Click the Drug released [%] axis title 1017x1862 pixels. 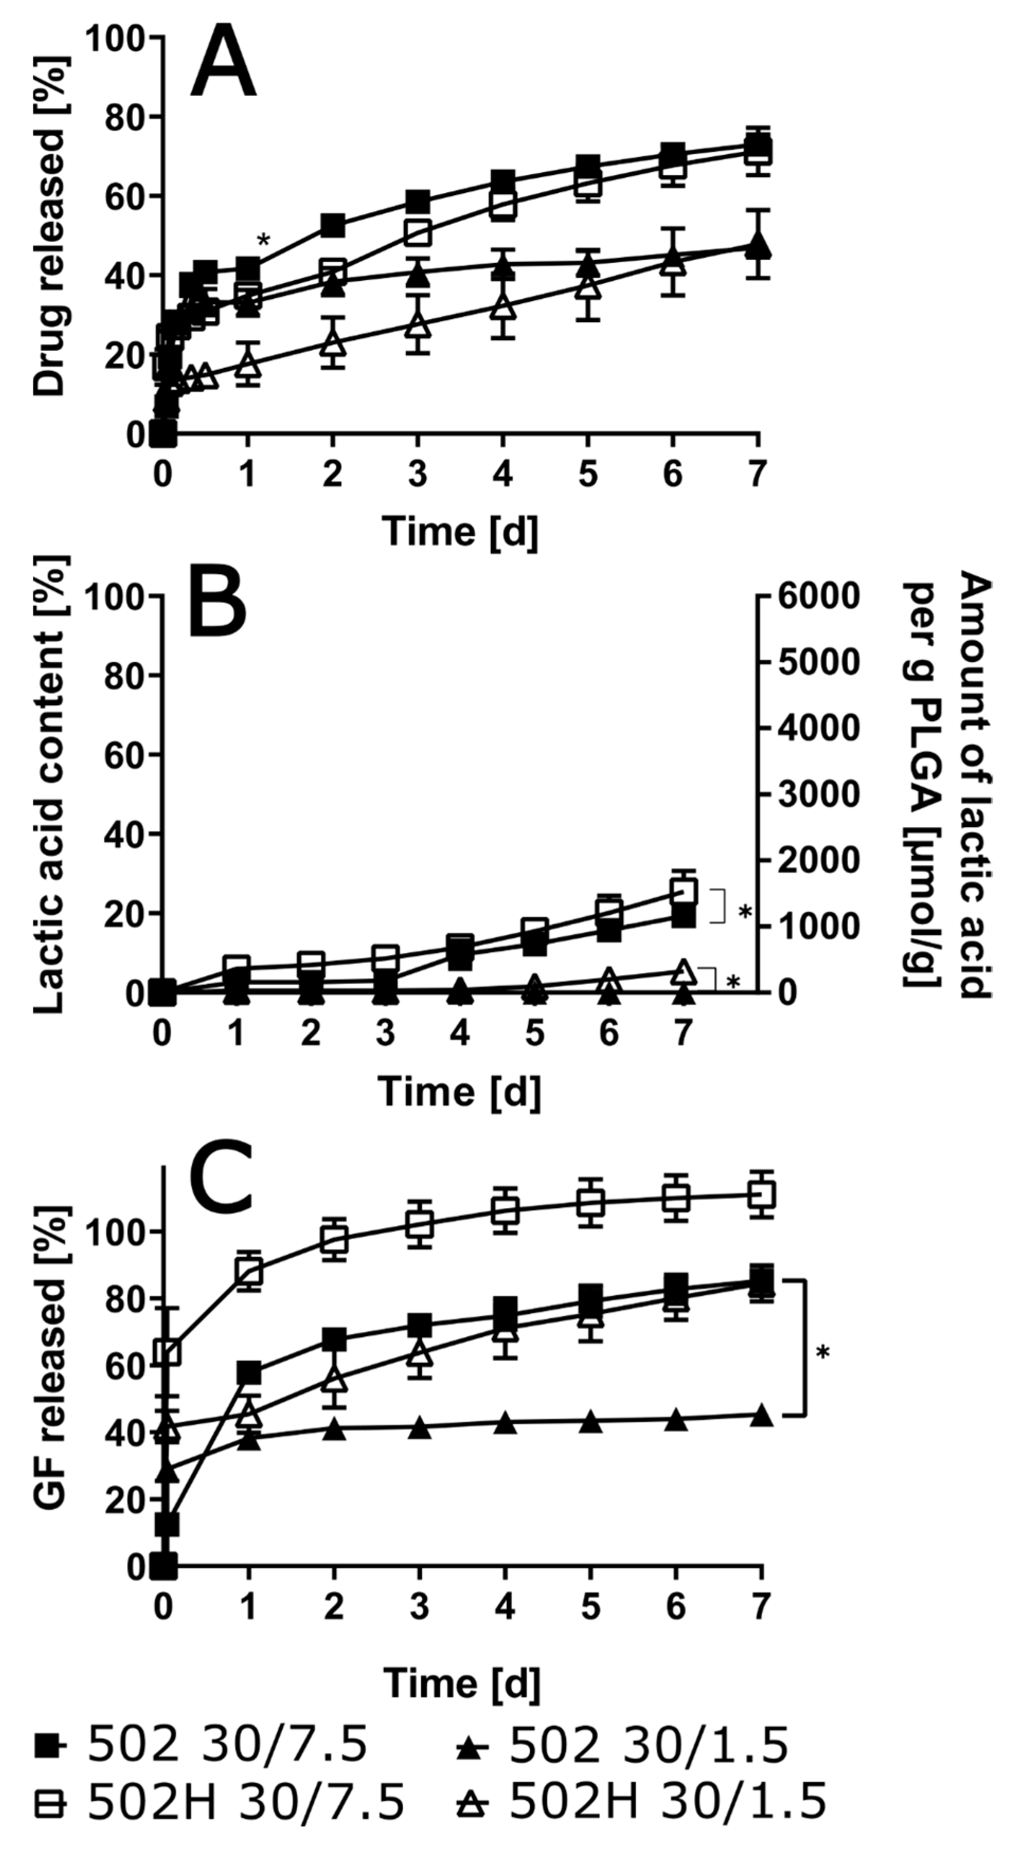point(50,225)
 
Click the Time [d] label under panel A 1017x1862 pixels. point(460,531)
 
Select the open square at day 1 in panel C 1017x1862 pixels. point(249,1271)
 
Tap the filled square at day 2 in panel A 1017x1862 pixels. point(332,225)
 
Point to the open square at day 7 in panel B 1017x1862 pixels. point(683,891)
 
